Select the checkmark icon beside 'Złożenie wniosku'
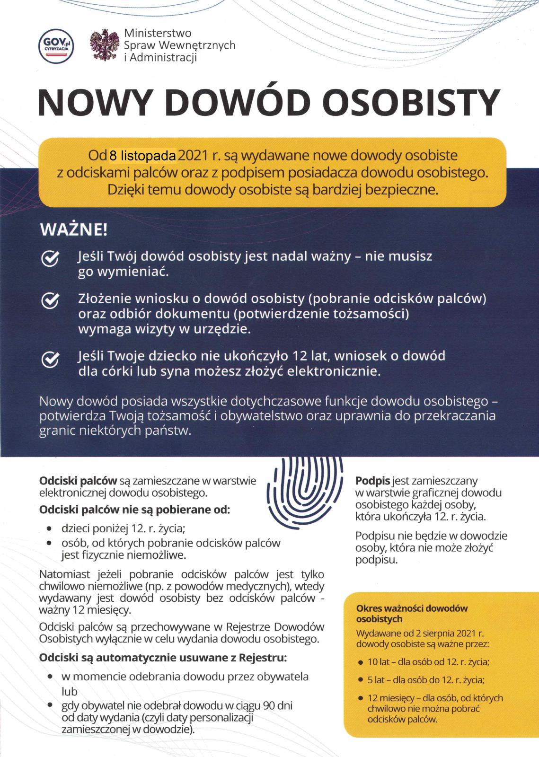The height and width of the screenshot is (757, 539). tap(51, 300)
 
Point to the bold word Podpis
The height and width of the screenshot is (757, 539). tap(373, 481)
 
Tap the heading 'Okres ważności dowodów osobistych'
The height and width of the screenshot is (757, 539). tap(412, 614)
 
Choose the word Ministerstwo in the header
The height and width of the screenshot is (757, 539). tap(158, 34)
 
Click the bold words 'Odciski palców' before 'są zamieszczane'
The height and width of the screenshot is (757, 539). tap(78, 481)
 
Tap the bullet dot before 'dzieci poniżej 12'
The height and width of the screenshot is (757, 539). tap(49, 528)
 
